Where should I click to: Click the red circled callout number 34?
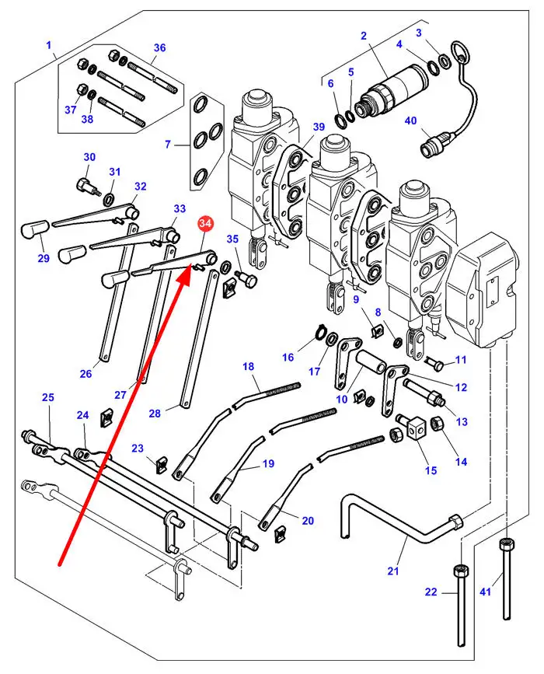tap(206, 225)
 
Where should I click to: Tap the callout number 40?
tap(411, 120)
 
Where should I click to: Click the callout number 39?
tap(318, 127)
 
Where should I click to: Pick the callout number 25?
tap(47, 397)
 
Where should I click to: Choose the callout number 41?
tap(486, 593)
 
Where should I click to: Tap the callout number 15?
tap(431, 470)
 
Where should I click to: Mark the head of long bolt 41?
tap(507, 543)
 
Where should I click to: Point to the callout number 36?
tap(159, 48)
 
